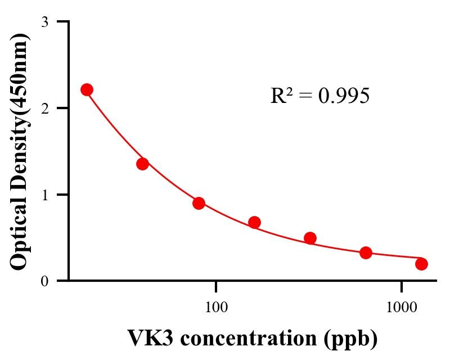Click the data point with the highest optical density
click(87, 90)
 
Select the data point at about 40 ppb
click(142, 164)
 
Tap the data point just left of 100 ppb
click(199, 203)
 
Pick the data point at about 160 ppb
click(254, 222)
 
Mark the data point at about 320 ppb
click(310, 238)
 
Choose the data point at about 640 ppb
click(366, 253)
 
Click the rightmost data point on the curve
click(421, 264)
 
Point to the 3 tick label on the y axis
click(44, 22)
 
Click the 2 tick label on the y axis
click(44, 108)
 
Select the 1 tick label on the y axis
click(44, 195)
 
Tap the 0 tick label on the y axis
click(44, 281)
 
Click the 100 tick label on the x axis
click(216, 308)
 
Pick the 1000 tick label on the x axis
click(402, 308)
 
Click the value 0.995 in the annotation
click(344, 96)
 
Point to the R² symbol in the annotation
click(281, 96)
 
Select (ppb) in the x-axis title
click(352, 340)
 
